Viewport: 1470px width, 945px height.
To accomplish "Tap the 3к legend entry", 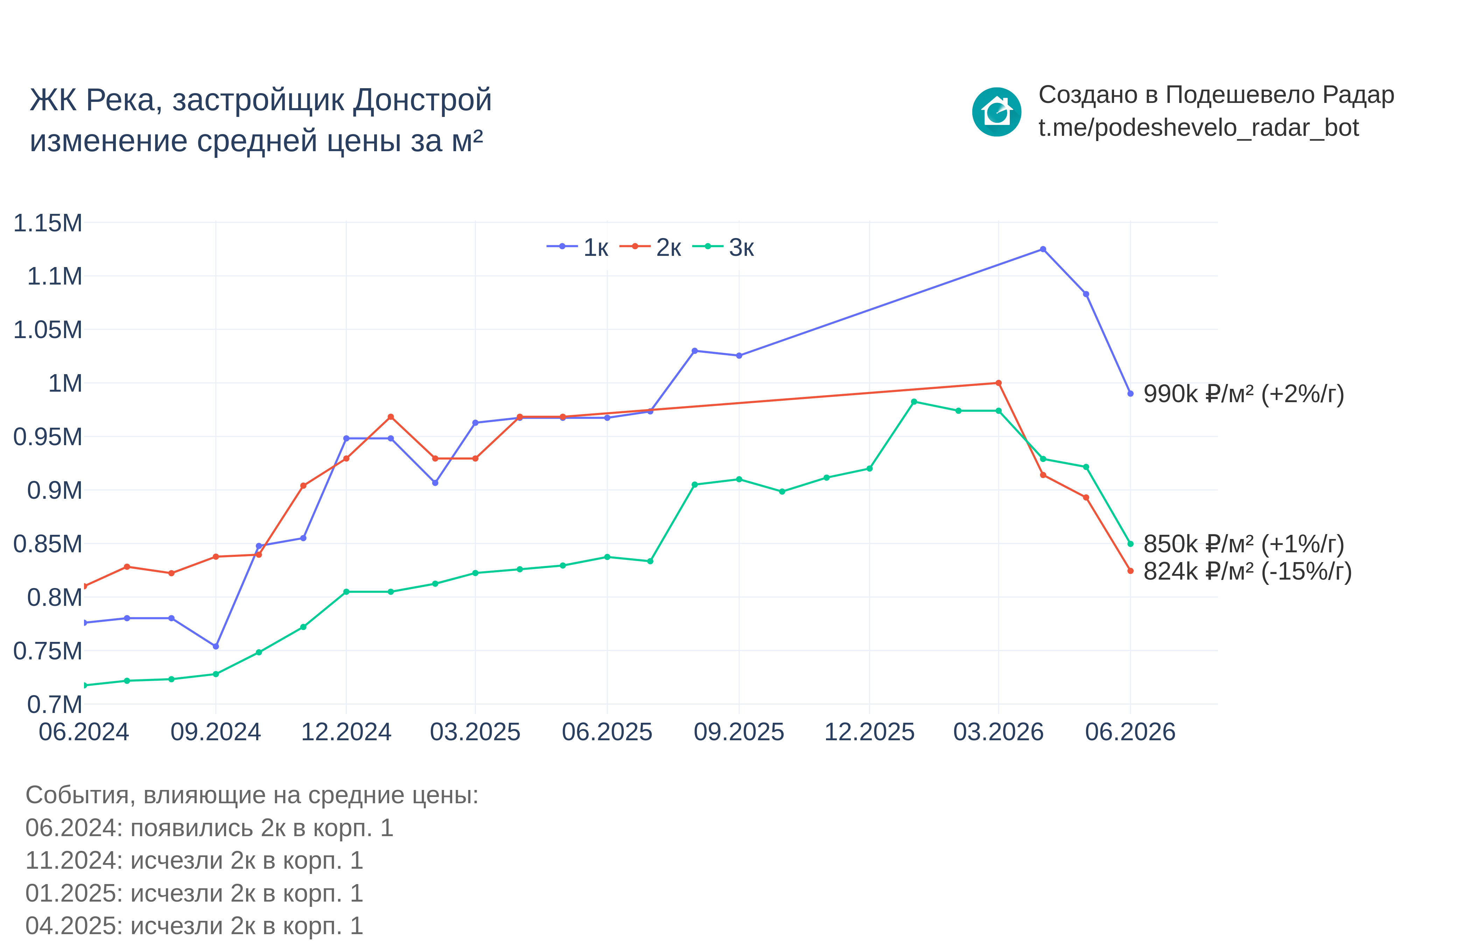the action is coord(723,247).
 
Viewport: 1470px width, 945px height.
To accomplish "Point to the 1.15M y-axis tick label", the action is coord(48,223).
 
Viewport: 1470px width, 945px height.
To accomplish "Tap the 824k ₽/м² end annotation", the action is coord(1247,571).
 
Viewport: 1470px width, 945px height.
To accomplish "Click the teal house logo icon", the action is coord(997,112).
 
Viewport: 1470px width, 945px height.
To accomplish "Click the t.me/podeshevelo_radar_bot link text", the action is coord(1199,128).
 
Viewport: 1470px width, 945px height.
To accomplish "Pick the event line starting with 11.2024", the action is coord(195,860).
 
